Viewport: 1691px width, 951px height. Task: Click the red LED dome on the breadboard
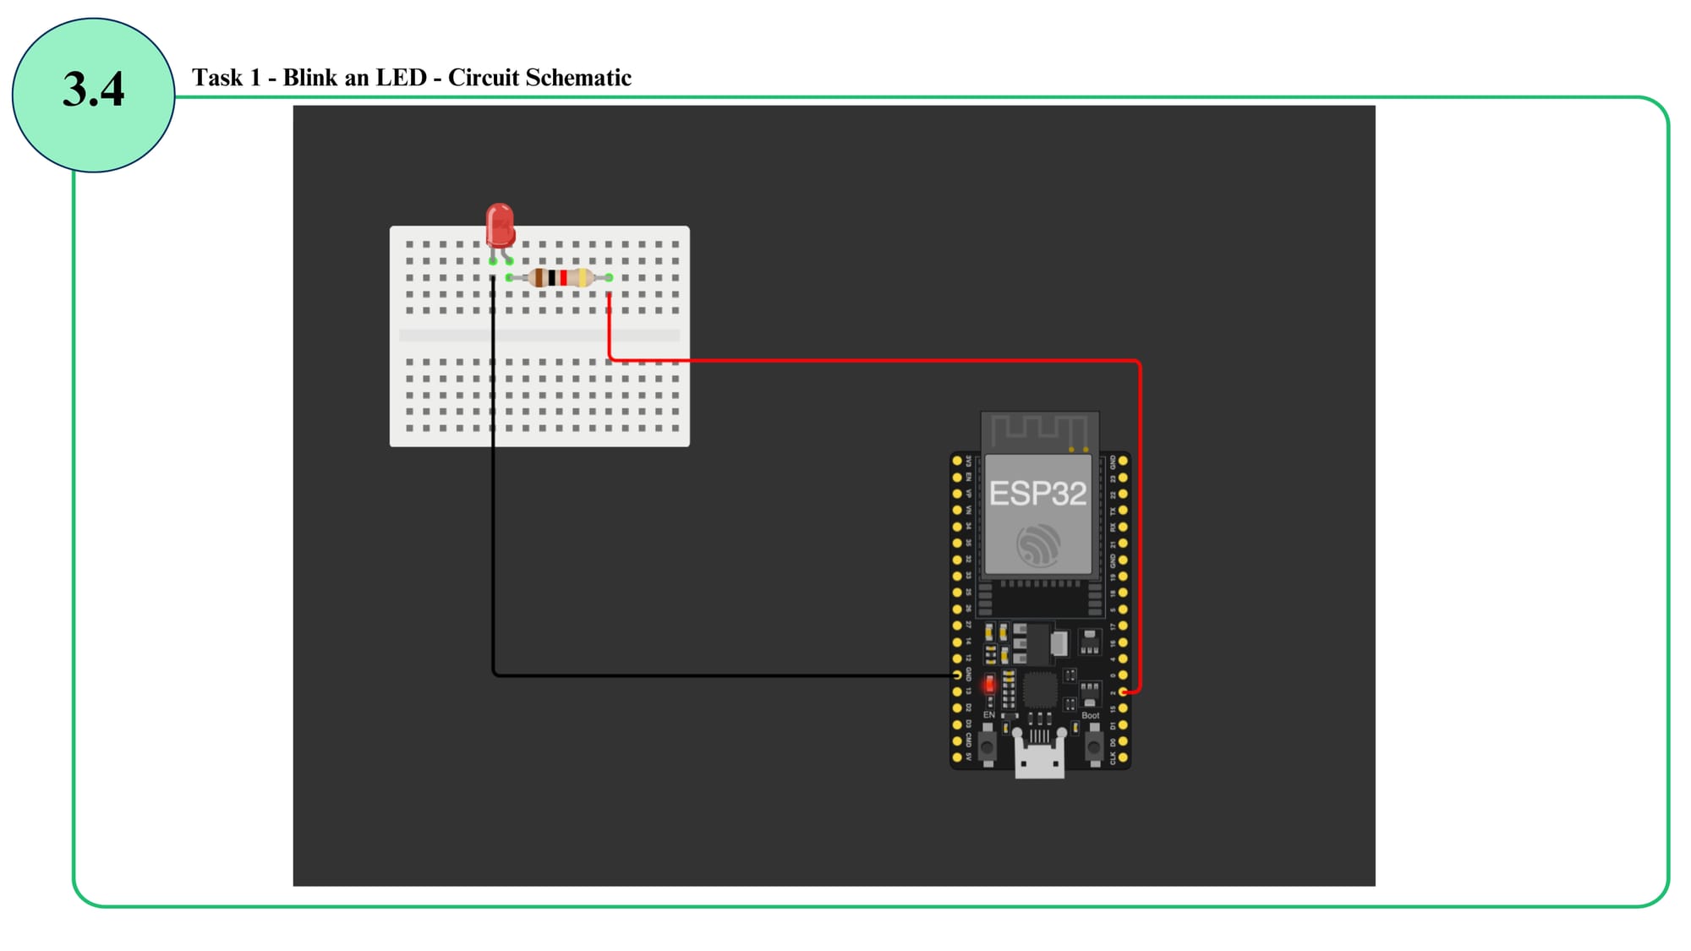tap(500, 224)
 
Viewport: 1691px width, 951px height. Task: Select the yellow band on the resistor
tap(583, 277)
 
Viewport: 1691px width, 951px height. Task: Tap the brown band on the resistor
tap(539, 277)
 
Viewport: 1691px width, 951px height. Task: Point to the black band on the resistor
tap(552, 277)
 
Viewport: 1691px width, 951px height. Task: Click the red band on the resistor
tap(564, 277)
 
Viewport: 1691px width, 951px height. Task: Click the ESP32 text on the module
tap(1037, 495)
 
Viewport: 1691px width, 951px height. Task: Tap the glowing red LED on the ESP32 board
tap(989, 686)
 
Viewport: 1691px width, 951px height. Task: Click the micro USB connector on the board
tap(1039, 758)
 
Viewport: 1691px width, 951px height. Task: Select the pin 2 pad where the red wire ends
tap(1123, 691)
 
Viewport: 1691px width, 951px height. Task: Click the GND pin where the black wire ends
tap(957, 675)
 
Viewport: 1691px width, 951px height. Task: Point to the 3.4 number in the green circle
tap(93, 90)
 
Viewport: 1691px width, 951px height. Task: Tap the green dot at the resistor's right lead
tap(609, 277)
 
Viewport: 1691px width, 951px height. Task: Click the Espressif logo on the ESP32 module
tap(1038, 545)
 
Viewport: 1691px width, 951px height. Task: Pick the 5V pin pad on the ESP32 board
tap(957, 757)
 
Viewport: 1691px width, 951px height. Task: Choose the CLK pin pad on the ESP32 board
tap(1123, 757)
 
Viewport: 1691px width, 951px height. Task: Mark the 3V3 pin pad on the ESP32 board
tap(957, 461)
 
